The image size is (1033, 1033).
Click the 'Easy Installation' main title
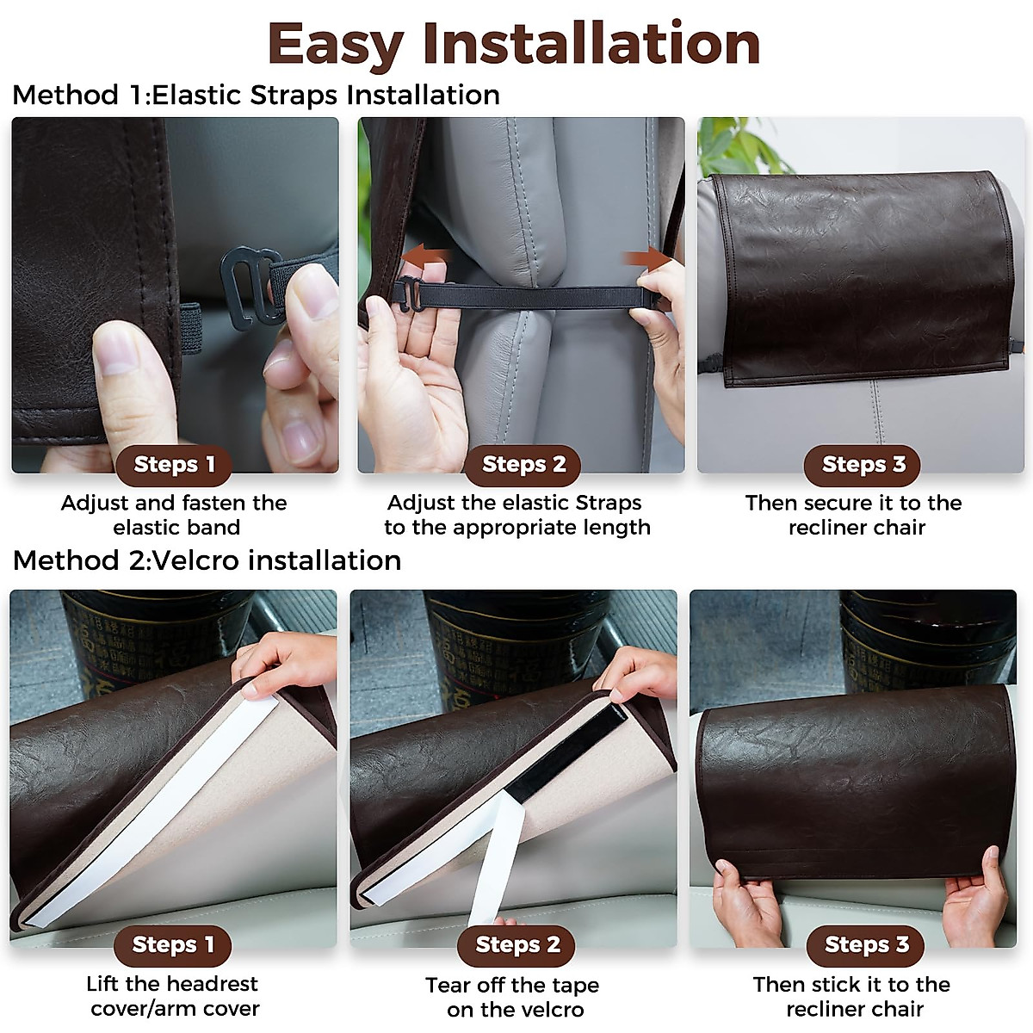515,43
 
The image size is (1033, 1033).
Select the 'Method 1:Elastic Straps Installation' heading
257,95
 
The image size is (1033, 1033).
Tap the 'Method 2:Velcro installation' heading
207,560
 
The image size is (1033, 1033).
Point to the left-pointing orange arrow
428,257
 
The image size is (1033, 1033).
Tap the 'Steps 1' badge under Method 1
174,465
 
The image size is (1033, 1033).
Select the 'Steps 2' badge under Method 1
523,465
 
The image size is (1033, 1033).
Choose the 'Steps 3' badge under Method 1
863,465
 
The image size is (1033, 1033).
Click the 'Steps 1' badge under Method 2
173,944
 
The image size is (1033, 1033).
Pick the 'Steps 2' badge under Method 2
517,944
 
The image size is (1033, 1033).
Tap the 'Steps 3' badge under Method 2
866,944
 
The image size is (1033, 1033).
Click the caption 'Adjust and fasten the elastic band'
174,515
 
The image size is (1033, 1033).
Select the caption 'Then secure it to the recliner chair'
854,515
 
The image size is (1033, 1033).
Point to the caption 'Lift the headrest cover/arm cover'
174,996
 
